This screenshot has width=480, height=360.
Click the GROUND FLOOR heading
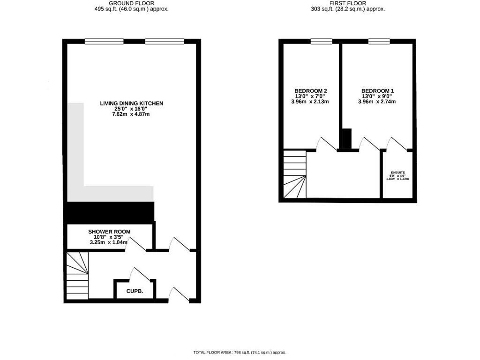(131, 3)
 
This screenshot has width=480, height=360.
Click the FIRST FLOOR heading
(348, 3)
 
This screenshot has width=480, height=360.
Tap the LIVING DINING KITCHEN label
(131, 103)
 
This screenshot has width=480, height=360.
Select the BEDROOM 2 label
(310, 91)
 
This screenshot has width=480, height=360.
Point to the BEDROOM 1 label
(377, 91)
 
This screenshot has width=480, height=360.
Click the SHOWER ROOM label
(109, 232)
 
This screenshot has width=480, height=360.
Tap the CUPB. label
(134, 291)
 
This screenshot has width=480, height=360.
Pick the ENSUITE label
(397, 172)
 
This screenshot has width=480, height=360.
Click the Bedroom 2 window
(321, 41)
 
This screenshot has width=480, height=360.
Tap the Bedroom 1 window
(378, 41)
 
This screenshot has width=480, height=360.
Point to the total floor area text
(240, 352)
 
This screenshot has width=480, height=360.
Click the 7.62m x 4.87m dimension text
(131, 114)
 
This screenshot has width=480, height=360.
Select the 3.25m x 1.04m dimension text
(109, 243)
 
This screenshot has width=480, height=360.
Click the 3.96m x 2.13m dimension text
(310, 102)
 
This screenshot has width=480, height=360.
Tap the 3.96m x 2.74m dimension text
(377, 102)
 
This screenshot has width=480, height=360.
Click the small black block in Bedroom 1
(346, 139)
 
